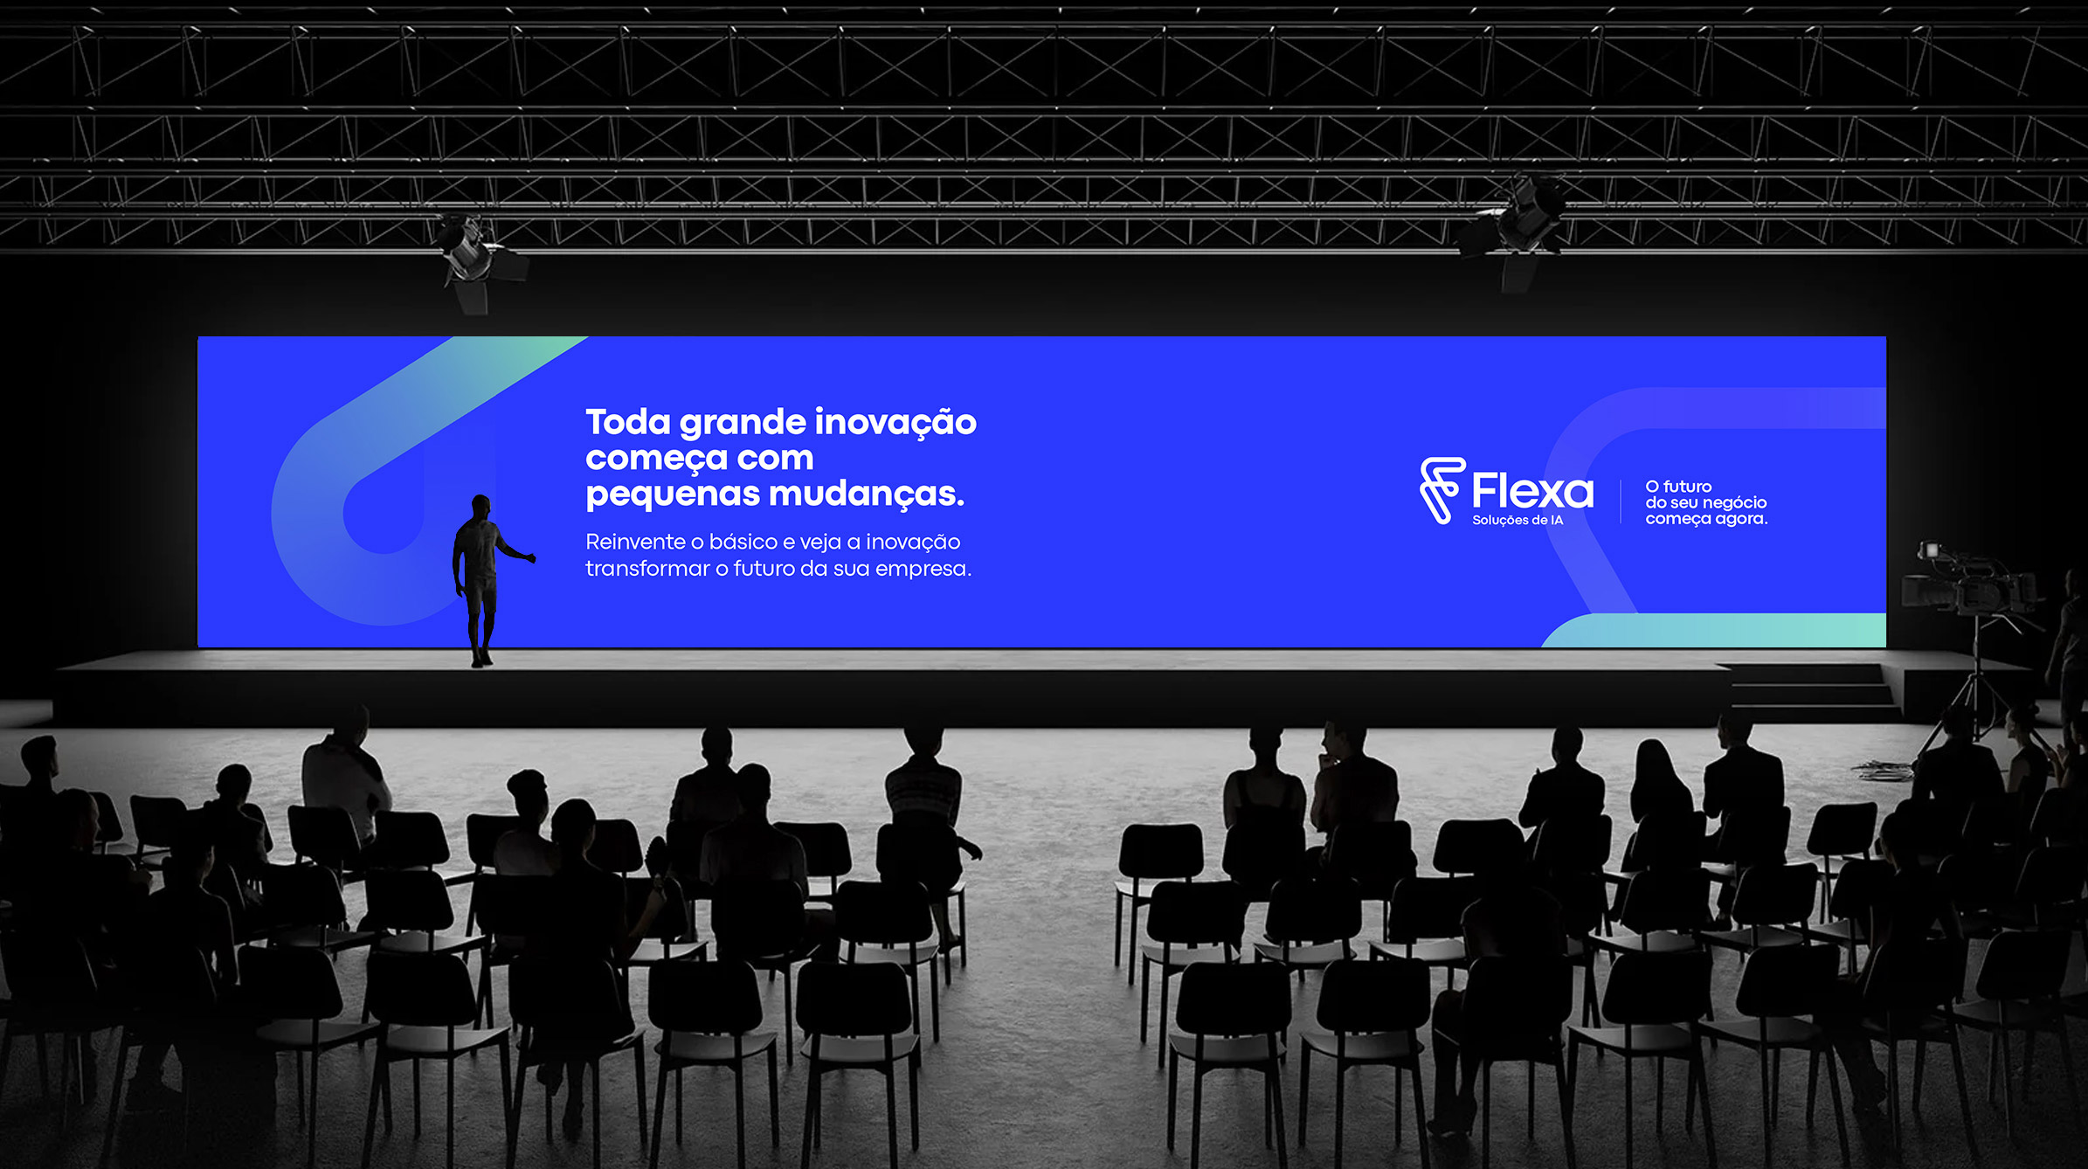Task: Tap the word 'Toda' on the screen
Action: coord(628,422)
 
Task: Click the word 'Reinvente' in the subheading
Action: coord(635,542)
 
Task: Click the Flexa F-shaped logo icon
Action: coord(1442,490)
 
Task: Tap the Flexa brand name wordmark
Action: coord(1532,491)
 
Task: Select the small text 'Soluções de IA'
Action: coord(1518,521)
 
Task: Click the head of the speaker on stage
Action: coord(481,506)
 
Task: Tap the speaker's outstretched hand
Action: coord(529,557)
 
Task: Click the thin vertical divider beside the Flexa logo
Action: coord(1621,501)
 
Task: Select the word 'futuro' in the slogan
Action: coord(1687,487)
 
